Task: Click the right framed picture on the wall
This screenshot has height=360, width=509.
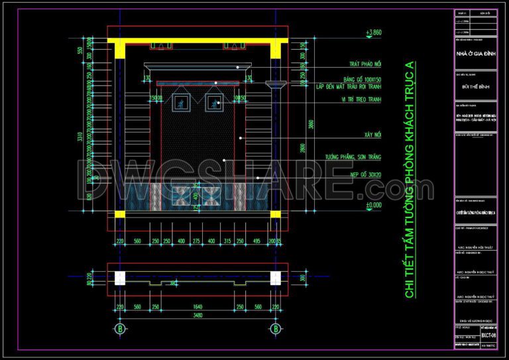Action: click(x=214, y=103)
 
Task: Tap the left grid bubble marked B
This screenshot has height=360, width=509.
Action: click(x=120, y=328)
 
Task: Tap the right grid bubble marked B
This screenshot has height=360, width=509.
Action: click(x=274, y=328)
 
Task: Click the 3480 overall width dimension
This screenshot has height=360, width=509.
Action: click(x=197, y=316)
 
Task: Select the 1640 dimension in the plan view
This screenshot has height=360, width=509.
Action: click(x=197, y=307)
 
